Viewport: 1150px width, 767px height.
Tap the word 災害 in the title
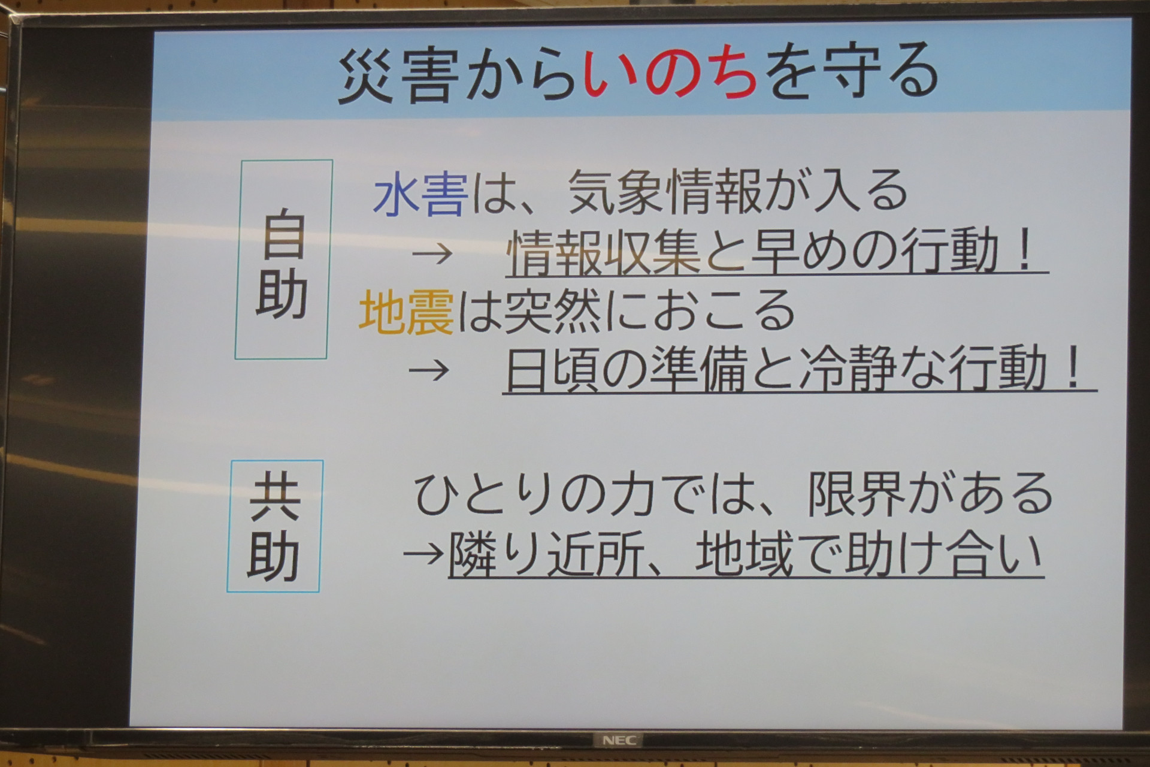394,77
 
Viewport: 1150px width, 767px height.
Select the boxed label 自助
282,259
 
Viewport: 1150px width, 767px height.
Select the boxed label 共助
275,526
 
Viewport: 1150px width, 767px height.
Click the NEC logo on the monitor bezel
619,741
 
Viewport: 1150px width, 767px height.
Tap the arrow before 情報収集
432,254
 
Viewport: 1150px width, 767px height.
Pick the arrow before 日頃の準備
429,369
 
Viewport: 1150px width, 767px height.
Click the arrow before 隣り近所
425,552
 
